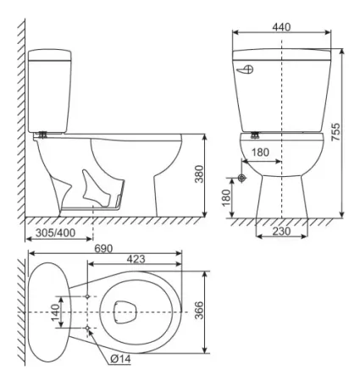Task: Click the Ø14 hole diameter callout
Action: (x=121, y=359)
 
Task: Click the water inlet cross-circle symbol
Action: (x=243, y=179)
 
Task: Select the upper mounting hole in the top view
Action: (x=88, y=295)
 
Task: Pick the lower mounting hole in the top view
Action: (x=88, y=327)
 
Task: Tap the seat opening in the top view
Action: (x=123, y=312)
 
